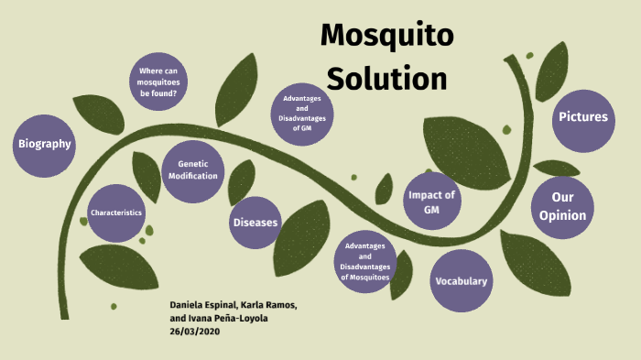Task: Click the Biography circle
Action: tap(44, 144)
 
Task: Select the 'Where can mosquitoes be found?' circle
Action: tap(158, 82)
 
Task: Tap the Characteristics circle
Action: tap(116, 213)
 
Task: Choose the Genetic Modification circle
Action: tap(192, 169)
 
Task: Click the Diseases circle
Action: tap(255, 222)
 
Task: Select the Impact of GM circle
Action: tap(431, 203)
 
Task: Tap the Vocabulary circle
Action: tap(461, 280)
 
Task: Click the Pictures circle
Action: tap(583, 117)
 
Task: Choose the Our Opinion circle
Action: tap(562, 206)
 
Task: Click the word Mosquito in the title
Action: tap(387, 37)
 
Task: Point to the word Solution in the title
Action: tap(387, 78)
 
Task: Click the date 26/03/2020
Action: tap(195, 332)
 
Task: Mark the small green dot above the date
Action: tap(114, 306)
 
